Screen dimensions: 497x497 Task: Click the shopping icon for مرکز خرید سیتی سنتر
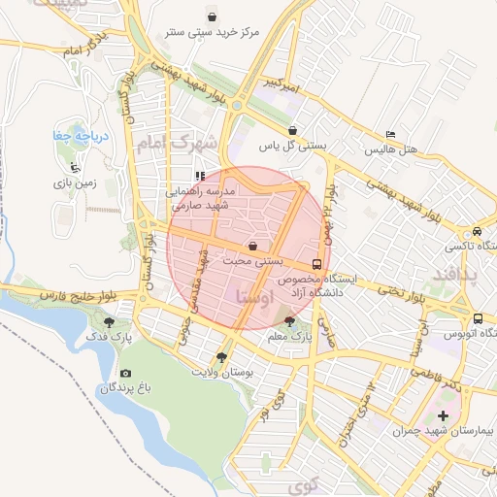213,16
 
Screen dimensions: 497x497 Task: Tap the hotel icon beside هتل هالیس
390,134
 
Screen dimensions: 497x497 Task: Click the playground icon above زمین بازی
75,167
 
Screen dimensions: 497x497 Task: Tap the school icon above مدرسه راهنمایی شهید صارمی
199,176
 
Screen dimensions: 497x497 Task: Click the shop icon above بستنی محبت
252,246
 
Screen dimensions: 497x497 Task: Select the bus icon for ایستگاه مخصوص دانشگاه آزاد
317,263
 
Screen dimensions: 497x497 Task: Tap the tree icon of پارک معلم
289,320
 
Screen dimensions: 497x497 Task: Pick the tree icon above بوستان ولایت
224,356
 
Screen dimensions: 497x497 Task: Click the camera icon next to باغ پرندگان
125,373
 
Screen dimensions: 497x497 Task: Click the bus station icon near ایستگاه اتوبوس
477,317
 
